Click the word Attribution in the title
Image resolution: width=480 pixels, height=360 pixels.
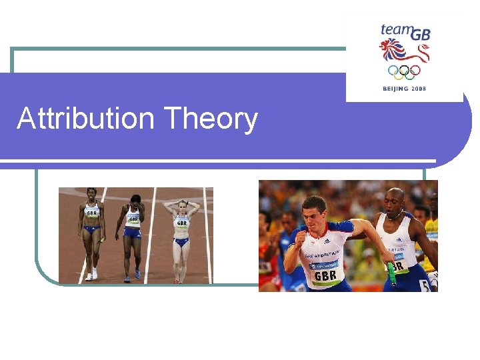[86, 119]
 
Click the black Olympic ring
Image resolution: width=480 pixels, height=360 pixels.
[403, 70]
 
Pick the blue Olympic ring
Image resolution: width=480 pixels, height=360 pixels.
[392, 70]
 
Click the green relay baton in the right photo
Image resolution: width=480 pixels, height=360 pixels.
[392, 273]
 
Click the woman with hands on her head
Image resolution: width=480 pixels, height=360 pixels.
[181, 230]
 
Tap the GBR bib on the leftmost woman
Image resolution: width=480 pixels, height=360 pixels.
[92, 213]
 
